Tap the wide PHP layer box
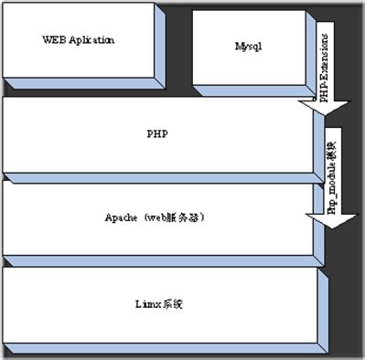pos(156,134)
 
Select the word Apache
pos(124,218)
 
